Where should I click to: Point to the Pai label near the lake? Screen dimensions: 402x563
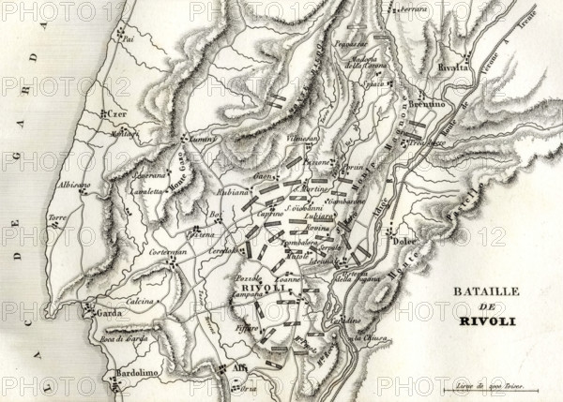tap(129, 41)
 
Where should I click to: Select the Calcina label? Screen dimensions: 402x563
tap(141, 302)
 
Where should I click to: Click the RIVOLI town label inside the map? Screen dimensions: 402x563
tap(254, 287)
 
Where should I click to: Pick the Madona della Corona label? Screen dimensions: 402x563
tap(364, 64)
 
